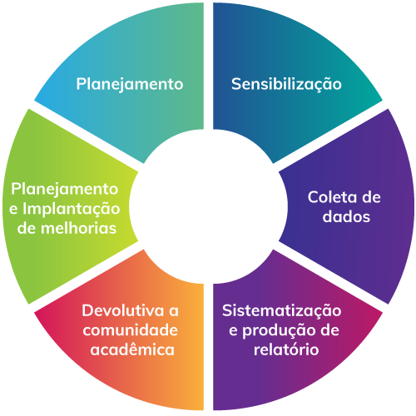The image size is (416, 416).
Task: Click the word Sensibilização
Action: (x=286, y=84)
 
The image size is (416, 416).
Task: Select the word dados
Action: (x=346, y=216)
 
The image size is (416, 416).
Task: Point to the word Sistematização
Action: (x=281, y=311)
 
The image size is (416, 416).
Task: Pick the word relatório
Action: (x=286, y=349)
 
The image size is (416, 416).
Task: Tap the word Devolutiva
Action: (x=123, y=310)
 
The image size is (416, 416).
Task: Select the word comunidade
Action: (x=131, y=330)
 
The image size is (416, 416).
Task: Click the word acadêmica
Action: (x=132, y=349)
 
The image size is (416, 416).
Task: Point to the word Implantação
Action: (x=72, y=209)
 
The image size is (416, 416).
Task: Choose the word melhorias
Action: (x=78, y=229)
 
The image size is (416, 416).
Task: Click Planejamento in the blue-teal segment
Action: (x=130, y=84)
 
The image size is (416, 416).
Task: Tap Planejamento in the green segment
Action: (x=65, y=190)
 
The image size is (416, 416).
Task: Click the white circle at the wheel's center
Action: (x=208, y=206)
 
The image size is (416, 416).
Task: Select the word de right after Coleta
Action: (x=371, y=197)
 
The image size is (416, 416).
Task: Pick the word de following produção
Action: (x=329, y=330)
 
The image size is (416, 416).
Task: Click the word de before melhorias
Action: (x=27, y=229)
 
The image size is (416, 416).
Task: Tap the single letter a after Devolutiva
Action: (x=174, y=312)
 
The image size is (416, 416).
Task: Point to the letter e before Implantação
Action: (x=13, y=210)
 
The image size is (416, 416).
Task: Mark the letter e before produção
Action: (x=233, y=331)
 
